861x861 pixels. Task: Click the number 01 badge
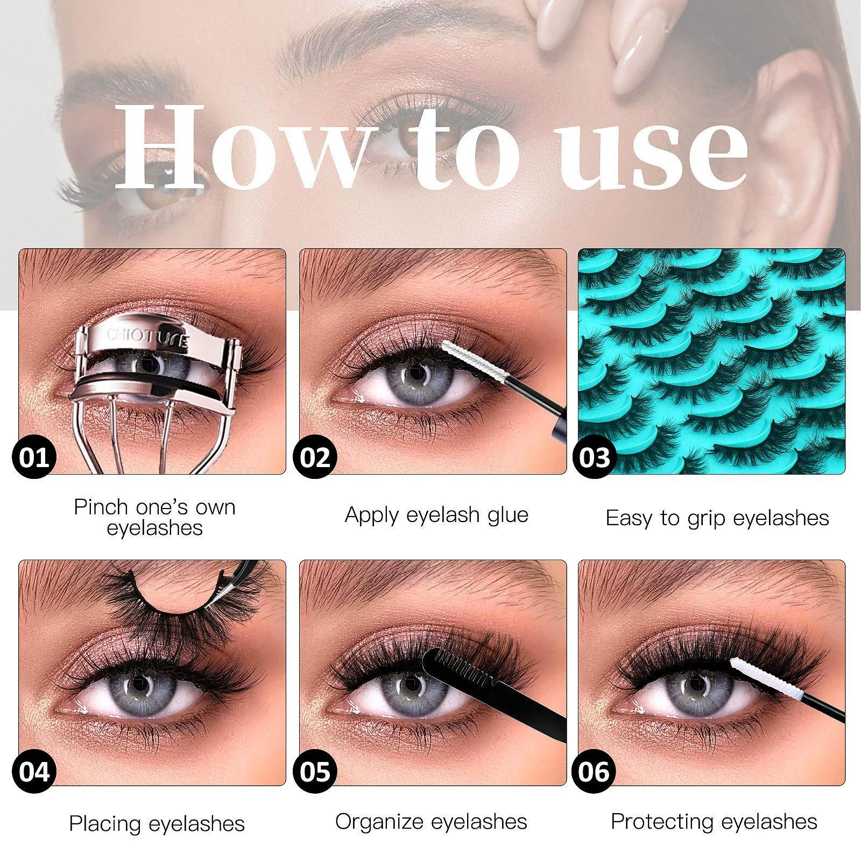[35, 458]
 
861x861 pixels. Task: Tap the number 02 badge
[315, 458]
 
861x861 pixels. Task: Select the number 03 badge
[595, 458]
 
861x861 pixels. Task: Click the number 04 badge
[35, 771]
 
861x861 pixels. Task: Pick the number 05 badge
[315, 771]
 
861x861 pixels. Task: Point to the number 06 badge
[595, 771]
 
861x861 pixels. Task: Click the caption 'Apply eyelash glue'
[436, 515]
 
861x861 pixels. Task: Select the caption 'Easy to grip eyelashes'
[717, 518]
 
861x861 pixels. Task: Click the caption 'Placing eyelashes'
[157, 824]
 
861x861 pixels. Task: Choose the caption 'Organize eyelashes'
[431, 821]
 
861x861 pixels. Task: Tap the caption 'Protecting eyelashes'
[714, 821]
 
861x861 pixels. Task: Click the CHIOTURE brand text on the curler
[147, 338]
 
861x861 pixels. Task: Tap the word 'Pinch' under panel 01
[101, 507]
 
